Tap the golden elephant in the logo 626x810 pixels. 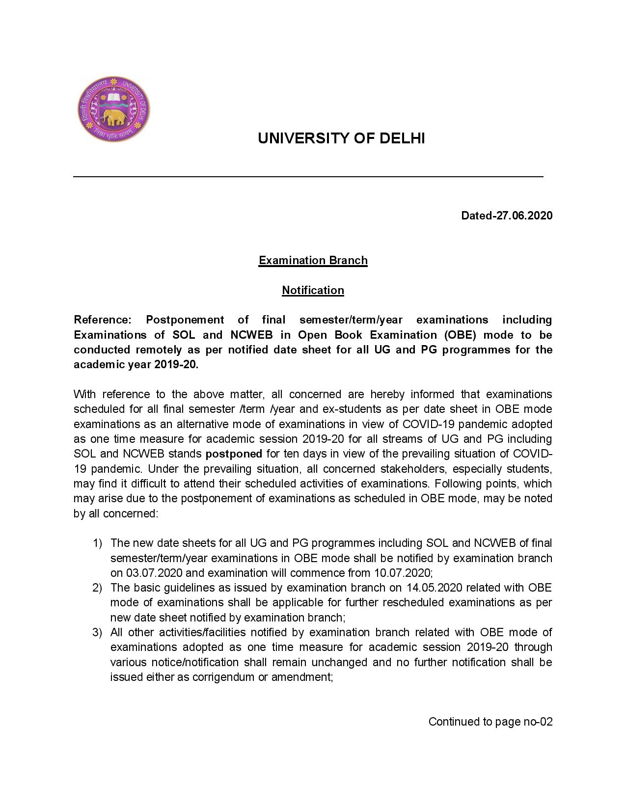pos(113,117)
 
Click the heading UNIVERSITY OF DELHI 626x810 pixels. pos(341,139)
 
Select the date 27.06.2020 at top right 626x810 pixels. pos(524,216)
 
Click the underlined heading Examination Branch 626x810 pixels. pos(313,260)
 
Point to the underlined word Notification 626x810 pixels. pos(313,290)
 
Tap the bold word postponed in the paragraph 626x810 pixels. pos(234,454)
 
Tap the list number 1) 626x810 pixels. pos(97,543)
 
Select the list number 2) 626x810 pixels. pos(97,588)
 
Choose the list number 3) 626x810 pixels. pos(97,632)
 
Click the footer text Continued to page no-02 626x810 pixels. pos(490,722)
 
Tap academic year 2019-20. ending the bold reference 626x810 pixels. pos(136,365)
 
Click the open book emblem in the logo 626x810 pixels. pos(113,97)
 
